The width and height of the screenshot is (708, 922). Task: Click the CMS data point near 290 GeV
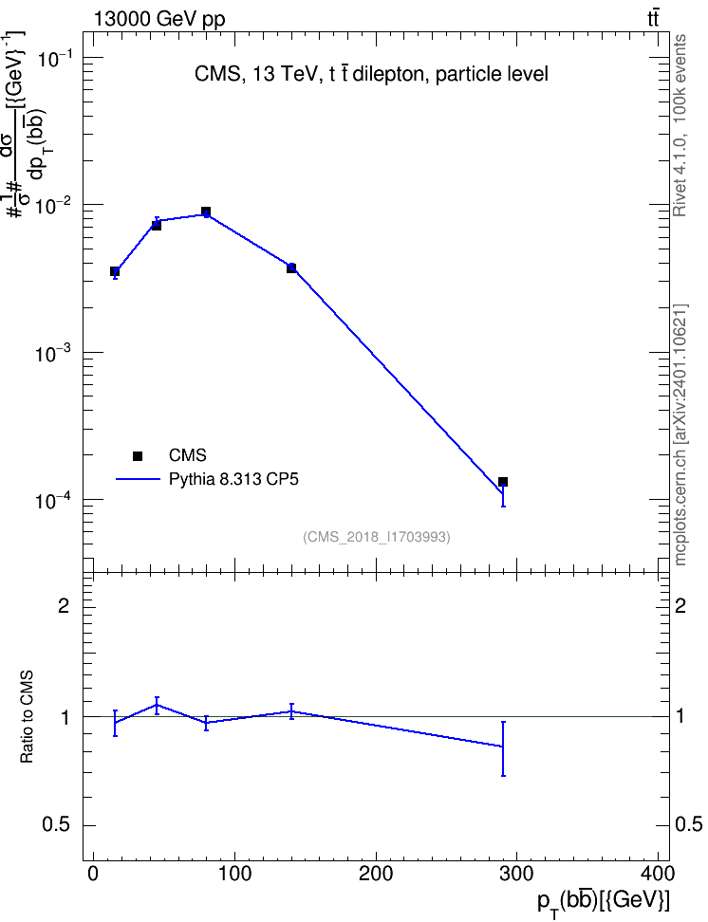[503, 482]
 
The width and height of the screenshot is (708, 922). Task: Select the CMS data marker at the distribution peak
[206, 212]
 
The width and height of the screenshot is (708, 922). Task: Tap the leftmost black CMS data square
[115, 271]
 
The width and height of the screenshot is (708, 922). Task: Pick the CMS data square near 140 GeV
[291, 268]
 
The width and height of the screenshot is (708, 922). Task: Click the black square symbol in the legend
[138, 455]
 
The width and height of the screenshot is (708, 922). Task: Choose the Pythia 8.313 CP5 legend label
[233, 479]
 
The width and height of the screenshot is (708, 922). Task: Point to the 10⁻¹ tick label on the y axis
[54, 58]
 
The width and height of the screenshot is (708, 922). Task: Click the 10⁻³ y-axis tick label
[54, 354]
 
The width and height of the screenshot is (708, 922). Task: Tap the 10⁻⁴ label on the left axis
[54, 501]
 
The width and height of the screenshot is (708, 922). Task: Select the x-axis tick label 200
[376, 874]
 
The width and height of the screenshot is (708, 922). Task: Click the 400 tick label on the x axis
[658, 874]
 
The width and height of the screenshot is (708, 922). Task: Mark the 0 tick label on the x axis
[93, 874]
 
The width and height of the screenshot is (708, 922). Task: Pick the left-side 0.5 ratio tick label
[56, 825]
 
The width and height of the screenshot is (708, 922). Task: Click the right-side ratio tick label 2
[680, 605]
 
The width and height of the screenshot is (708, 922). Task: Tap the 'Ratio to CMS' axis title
[28, 717]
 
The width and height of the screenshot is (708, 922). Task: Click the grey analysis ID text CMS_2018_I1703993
[377, 537]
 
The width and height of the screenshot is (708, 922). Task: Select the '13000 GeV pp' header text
[158, 19]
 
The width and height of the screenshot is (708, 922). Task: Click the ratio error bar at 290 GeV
[503, 748]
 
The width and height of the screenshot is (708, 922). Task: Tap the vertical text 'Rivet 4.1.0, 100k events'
[680, 125]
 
